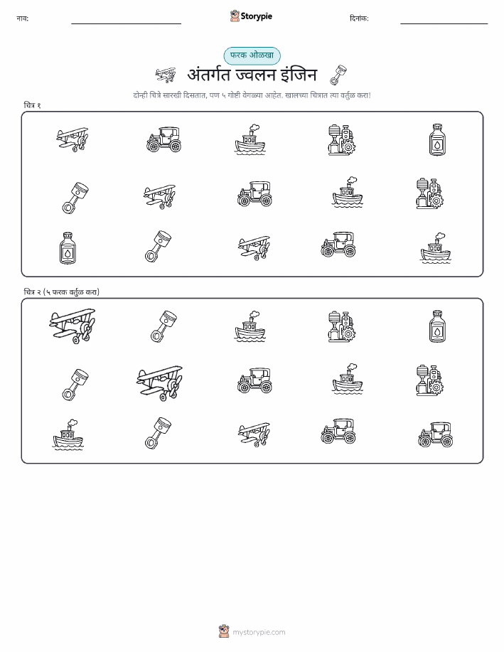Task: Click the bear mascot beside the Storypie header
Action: click(235, 16)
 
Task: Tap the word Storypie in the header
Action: click(256, 16)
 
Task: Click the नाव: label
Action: click(23, 18)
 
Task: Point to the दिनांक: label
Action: click(359, 18)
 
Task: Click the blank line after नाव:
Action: click(126, 23)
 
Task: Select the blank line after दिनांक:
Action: click(444, 23)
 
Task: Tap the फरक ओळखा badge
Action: click(252, 55)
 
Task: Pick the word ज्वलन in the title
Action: click(256, 75)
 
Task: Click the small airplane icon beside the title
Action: click(166, 75)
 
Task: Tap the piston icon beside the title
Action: click(338, 75)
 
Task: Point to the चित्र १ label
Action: click(32, 105)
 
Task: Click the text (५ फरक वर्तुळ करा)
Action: click(71, 292)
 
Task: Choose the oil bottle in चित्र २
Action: click(437, 326)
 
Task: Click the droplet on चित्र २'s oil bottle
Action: click(437, 331)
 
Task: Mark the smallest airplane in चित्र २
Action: click(254, 434)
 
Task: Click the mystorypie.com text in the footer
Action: click(259, 632)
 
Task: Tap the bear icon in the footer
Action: click(224, 631)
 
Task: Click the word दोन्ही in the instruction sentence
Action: click(141, 95)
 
